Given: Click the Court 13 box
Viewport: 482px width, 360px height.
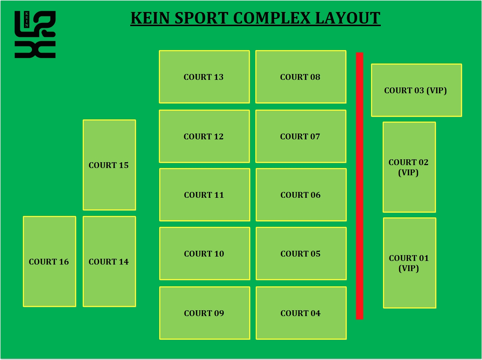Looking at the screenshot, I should tap(204, 77).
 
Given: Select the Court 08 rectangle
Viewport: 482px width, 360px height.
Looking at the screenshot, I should tap(301, 77).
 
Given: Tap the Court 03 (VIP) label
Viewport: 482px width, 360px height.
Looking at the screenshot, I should tap(416, 90).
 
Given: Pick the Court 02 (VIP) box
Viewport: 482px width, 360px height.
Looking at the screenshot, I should tap(409, 167).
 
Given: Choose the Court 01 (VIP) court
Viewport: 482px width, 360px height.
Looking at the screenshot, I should tap(409, 263).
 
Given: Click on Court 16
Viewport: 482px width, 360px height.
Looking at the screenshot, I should tap(49, 262).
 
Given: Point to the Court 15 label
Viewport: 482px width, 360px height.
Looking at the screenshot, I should tap(109, 165).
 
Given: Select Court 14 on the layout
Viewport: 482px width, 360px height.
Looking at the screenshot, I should tap(109, 262).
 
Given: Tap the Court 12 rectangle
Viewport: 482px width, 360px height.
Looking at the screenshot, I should tap(204, 136).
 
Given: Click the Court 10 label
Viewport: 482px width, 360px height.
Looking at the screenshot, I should tap(204, 254).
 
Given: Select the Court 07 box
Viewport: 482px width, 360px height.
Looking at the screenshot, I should tap(301, 136).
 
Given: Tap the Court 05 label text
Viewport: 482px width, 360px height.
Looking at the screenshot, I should tap(301, 254).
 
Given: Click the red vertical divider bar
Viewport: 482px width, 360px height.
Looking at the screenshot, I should tap(359, 186).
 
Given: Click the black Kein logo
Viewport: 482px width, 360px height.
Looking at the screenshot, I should tap(35, 34).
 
